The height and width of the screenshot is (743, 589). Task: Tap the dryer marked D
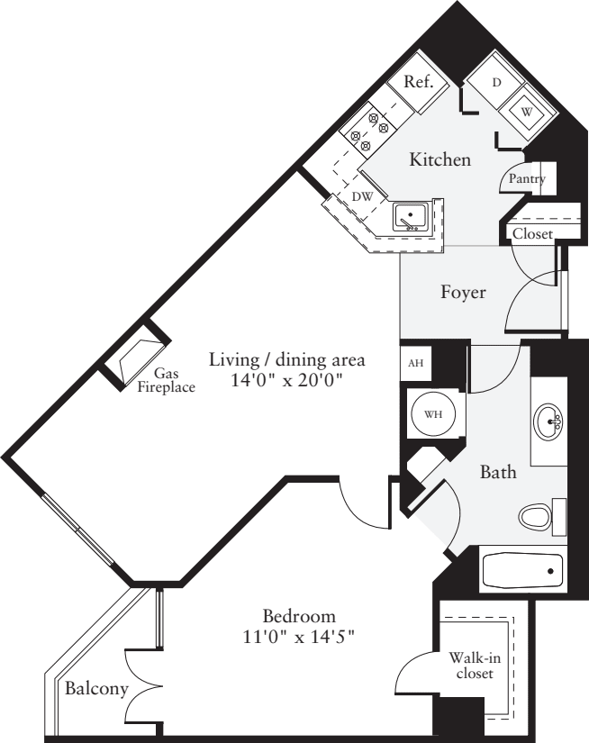496,82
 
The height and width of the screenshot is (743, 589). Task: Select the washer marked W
527,112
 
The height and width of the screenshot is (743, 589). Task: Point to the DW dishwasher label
362,196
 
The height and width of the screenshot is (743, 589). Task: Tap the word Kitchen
440,160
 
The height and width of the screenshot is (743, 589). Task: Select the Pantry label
527,179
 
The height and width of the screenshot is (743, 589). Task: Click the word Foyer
463,293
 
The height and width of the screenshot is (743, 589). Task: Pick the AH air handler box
415,363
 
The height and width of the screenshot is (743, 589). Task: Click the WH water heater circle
433,414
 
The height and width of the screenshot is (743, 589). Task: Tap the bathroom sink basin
548,421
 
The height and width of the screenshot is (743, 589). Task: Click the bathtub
523,570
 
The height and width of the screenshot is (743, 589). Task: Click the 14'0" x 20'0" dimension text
286,381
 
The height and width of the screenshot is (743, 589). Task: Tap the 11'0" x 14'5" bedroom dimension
299,638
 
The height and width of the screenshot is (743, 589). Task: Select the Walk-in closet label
473,666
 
